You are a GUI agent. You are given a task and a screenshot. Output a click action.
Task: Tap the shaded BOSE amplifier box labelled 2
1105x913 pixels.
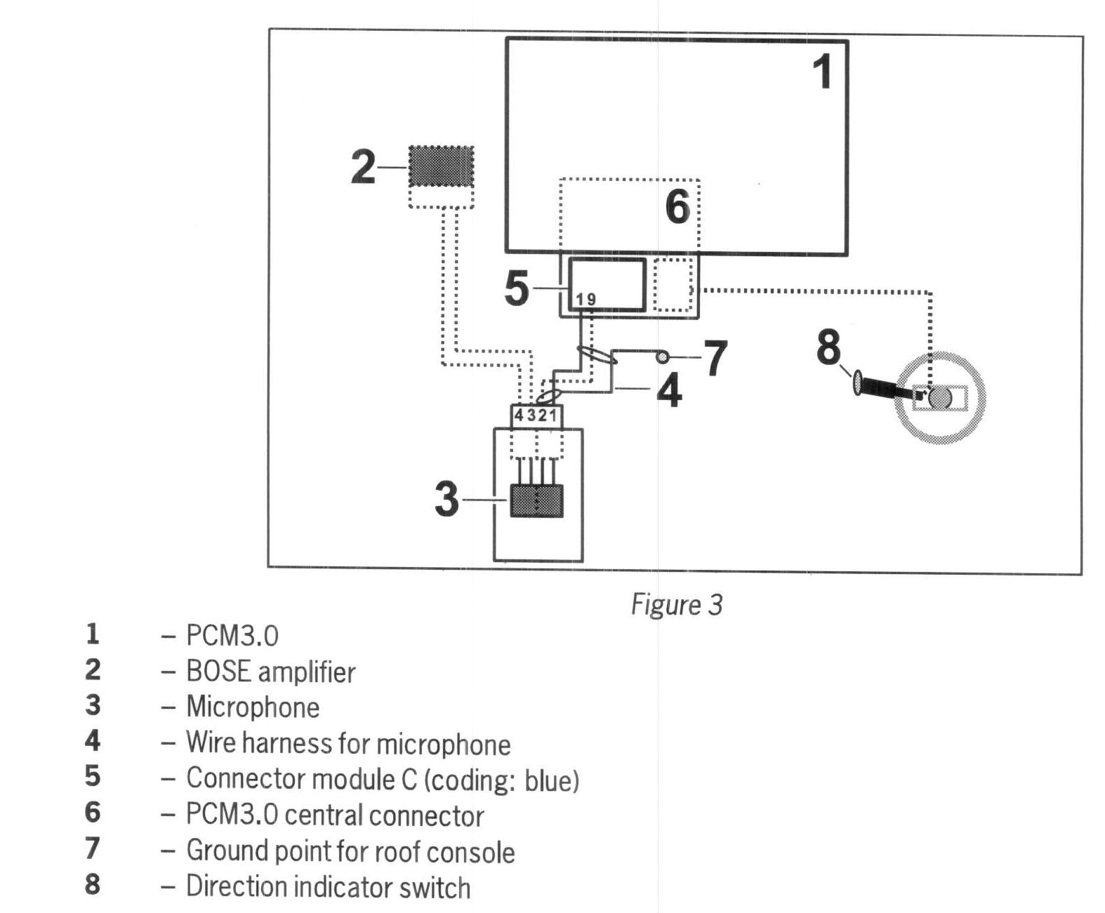(441, 166)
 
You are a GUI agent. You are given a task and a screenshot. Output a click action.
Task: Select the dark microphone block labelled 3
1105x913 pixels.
(536, 501)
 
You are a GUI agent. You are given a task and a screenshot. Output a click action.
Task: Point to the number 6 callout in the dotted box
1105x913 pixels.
(677, 207)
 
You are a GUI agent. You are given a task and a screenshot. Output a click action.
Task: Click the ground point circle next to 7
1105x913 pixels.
(662, 358)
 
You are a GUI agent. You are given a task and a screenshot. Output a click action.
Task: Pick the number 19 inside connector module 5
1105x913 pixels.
(585, 300)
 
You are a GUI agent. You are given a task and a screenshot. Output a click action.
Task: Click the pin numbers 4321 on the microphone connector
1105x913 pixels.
(535, 415)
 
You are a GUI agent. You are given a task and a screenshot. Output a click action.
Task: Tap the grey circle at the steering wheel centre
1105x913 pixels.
(940, 399)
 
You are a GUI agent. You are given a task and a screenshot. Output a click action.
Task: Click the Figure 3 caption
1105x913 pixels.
(677, 604)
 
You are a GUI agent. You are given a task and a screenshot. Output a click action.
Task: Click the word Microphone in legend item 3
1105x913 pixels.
(253, 707)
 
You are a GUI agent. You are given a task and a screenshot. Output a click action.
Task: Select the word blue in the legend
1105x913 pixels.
(552, 780)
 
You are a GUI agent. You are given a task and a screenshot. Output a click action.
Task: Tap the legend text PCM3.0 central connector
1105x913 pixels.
(335, 815)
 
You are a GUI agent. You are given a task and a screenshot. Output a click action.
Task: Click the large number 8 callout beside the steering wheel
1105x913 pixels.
(828, 347)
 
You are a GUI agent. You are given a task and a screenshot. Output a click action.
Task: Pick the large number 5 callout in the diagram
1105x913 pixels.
(517, 288)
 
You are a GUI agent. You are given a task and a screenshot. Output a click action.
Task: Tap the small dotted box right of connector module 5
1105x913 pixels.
(672, 285)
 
